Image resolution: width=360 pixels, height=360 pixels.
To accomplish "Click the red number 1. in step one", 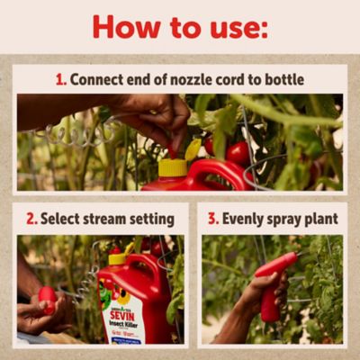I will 60,79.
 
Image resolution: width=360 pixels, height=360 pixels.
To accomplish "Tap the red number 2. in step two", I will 31,218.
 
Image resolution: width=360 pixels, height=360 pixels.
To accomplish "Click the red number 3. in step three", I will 213,218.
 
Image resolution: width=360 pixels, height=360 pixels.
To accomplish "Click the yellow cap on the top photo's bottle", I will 172,167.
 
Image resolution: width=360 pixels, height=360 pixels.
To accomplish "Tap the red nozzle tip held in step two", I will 47,297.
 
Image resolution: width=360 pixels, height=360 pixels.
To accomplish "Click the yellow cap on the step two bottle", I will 117,258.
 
